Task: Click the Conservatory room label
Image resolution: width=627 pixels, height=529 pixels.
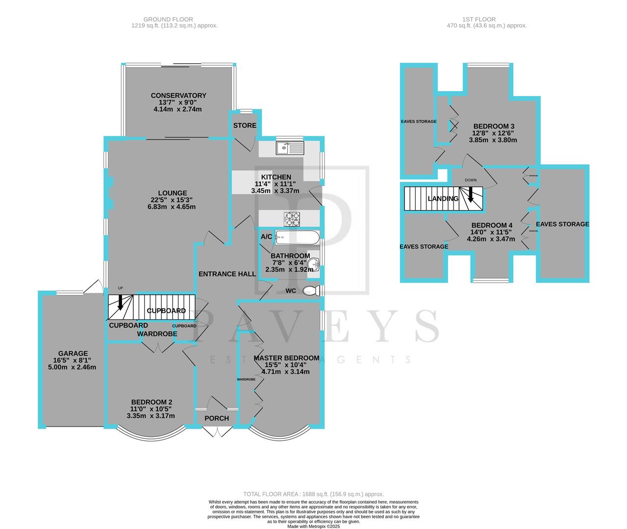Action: tap(178, 96)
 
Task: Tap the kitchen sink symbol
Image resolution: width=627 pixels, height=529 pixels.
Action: tap(290, 147)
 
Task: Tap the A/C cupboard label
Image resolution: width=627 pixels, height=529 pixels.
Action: tap(267, 237)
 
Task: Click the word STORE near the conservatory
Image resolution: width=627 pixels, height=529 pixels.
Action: tap(245, 125)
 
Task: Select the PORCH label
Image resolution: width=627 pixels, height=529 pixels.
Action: tap(216, 418)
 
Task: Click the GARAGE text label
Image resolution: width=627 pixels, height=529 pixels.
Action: tap(73, 353)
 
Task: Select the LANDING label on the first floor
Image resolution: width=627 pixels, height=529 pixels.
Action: tap(443, 198)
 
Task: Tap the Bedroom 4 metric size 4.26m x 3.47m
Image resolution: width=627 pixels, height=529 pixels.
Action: tap(491, 239)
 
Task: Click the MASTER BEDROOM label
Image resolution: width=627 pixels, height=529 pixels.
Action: tap(286, 358)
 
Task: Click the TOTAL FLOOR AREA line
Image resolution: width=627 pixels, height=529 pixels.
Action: tap(314, 494)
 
